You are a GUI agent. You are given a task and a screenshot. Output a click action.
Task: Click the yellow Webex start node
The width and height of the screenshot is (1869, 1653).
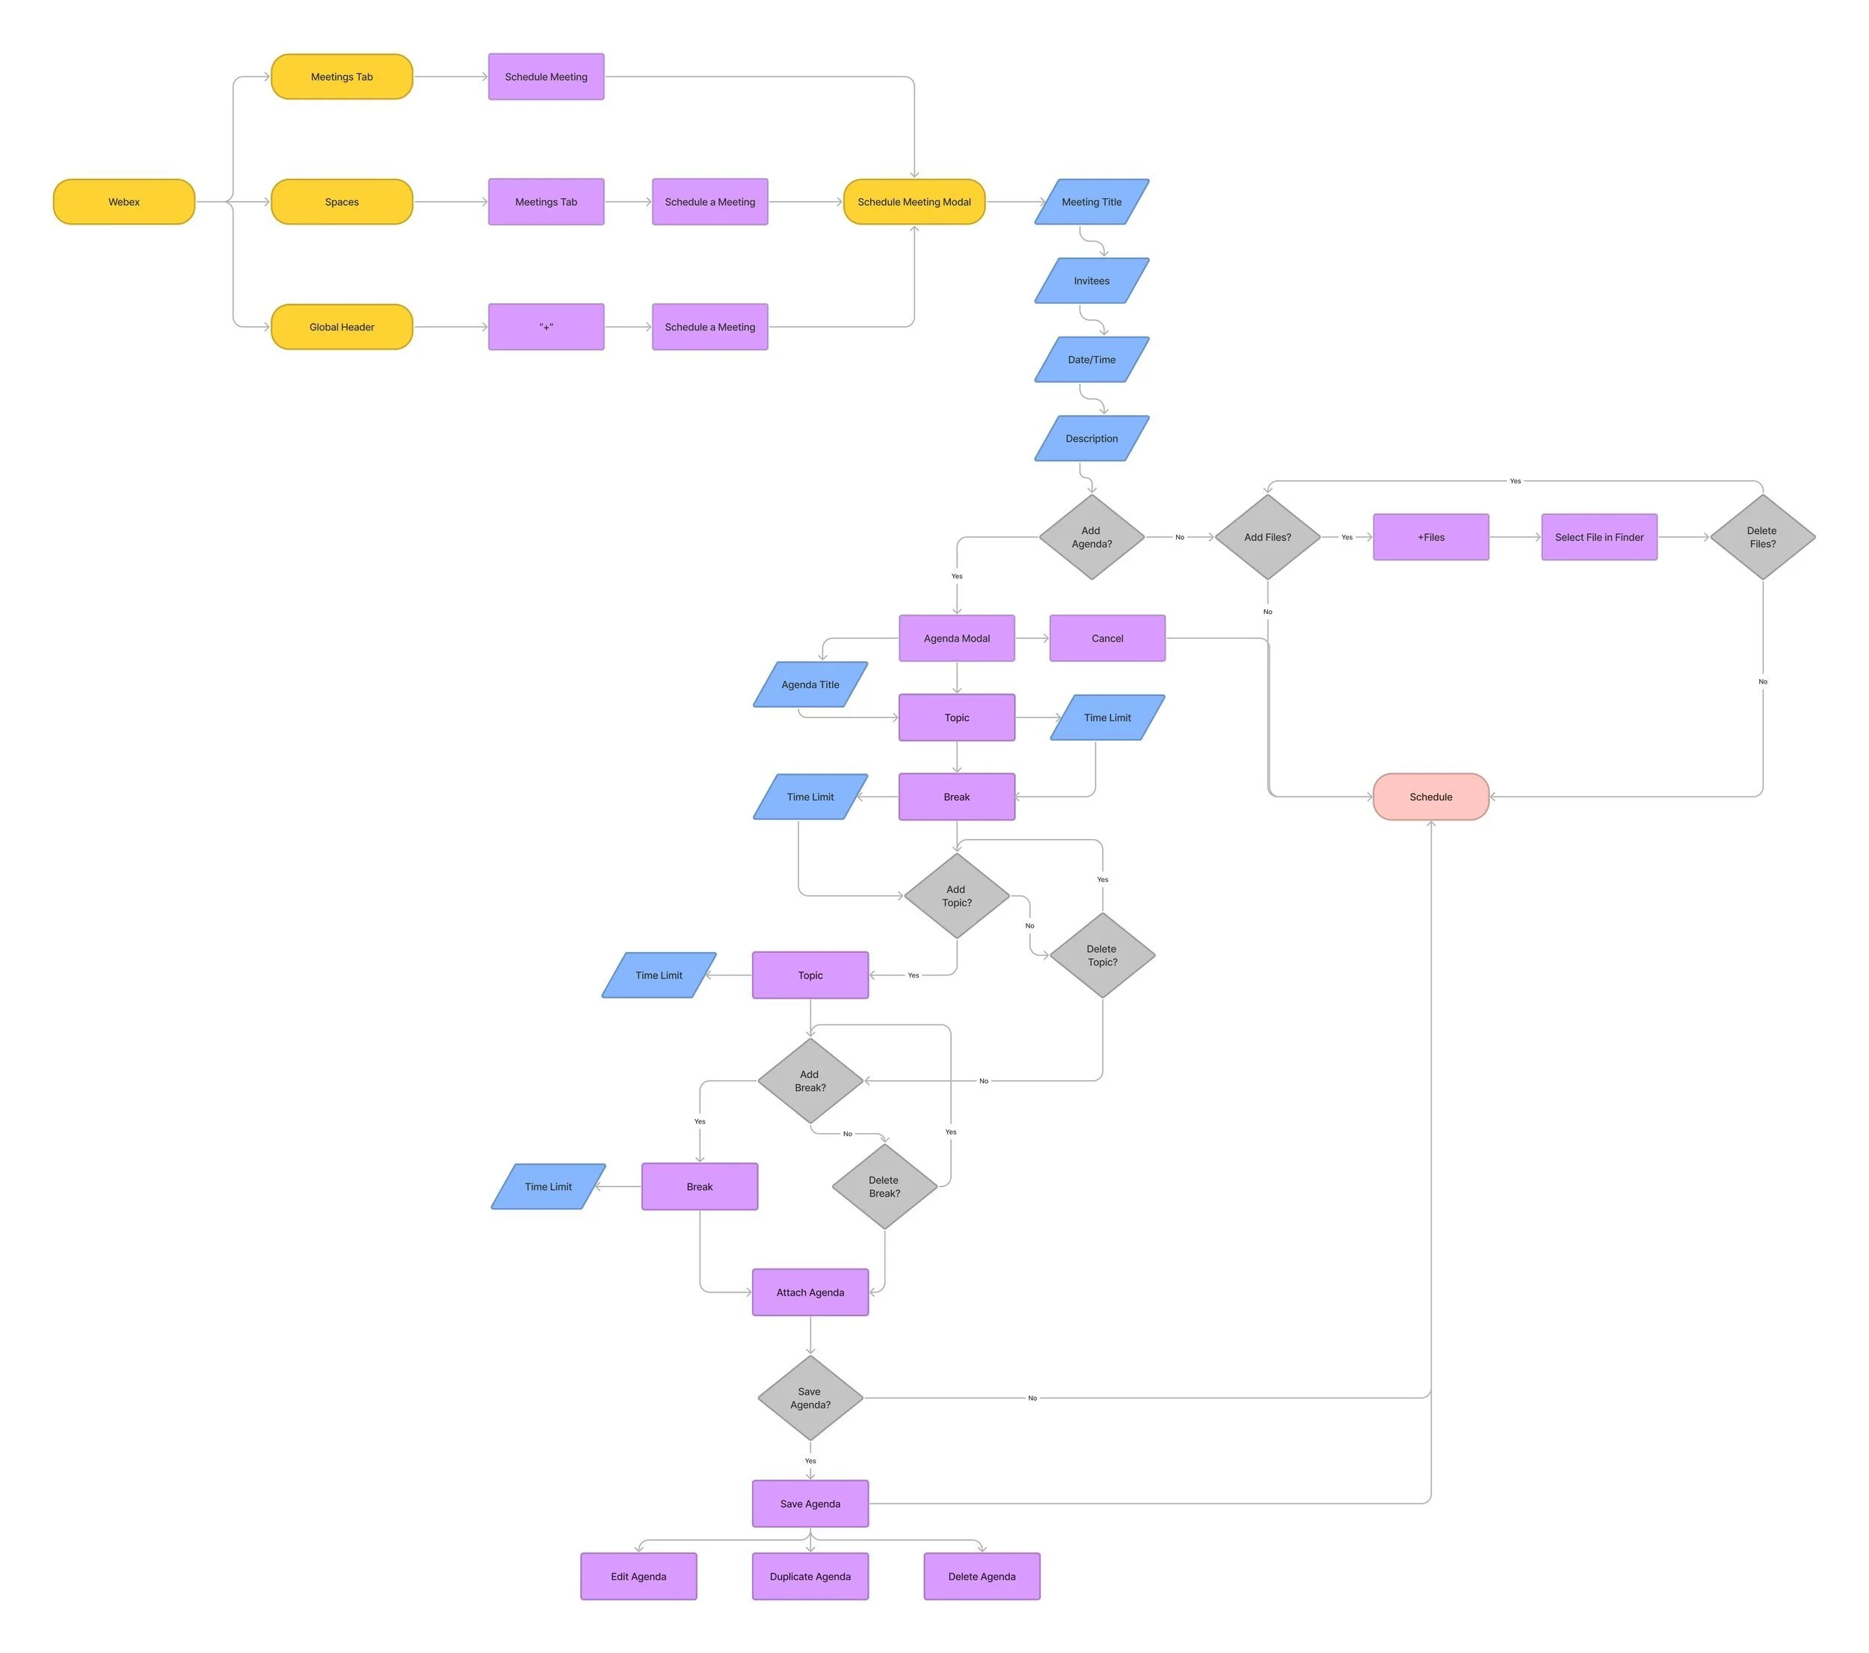coord(123,202)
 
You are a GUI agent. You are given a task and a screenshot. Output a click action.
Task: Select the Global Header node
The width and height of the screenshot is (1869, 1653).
coord(341,327)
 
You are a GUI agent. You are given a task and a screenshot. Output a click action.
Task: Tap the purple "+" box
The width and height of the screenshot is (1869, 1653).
coord(546,327)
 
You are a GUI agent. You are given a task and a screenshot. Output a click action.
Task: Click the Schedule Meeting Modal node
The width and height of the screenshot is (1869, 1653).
coord(914,202)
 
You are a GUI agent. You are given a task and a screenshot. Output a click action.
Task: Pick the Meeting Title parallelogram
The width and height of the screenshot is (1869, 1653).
coord(1091,202)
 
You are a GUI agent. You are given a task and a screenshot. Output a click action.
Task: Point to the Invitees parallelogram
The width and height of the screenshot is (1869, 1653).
coord(1091,280)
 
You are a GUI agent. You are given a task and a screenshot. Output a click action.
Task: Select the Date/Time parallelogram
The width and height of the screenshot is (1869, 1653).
coord(1091,360)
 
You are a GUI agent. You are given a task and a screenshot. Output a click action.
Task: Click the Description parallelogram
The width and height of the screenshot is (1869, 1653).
coord(1091,438)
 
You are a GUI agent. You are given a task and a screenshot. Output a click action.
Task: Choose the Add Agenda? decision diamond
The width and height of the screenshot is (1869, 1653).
coord(1091,537)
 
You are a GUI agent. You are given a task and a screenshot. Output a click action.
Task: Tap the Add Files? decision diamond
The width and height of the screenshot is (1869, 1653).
coord(1267,537)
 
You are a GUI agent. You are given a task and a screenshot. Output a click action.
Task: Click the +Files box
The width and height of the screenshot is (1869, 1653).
coord(1430,537)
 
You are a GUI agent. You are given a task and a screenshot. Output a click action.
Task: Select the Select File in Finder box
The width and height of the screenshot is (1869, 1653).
coord(1598,537)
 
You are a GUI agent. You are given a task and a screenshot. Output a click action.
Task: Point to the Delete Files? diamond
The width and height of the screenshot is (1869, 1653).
coord(1762,537)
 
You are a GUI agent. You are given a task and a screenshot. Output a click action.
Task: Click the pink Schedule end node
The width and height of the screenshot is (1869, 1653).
coord(1430,797)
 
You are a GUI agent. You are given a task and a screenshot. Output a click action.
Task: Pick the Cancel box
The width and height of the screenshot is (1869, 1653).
coord(1106,639)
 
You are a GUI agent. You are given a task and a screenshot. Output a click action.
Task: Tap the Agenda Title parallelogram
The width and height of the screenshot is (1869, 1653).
coord(810,684)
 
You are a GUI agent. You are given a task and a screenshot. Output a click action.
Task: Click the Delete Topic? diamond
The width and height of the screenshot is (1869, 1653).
coord(1102,955)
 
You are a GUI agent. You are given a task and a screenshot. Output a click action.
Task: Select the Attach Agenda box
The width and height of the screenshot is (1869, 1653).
coord(810,1292)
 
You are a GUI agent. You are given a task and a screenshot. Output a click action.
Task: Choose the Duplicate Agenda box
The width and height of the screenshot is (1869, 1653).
coord(810,1576)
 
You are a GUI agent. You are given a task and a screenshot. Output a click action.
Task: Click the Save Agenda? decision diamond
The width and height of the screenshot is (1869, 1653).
coord(810,1398)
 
